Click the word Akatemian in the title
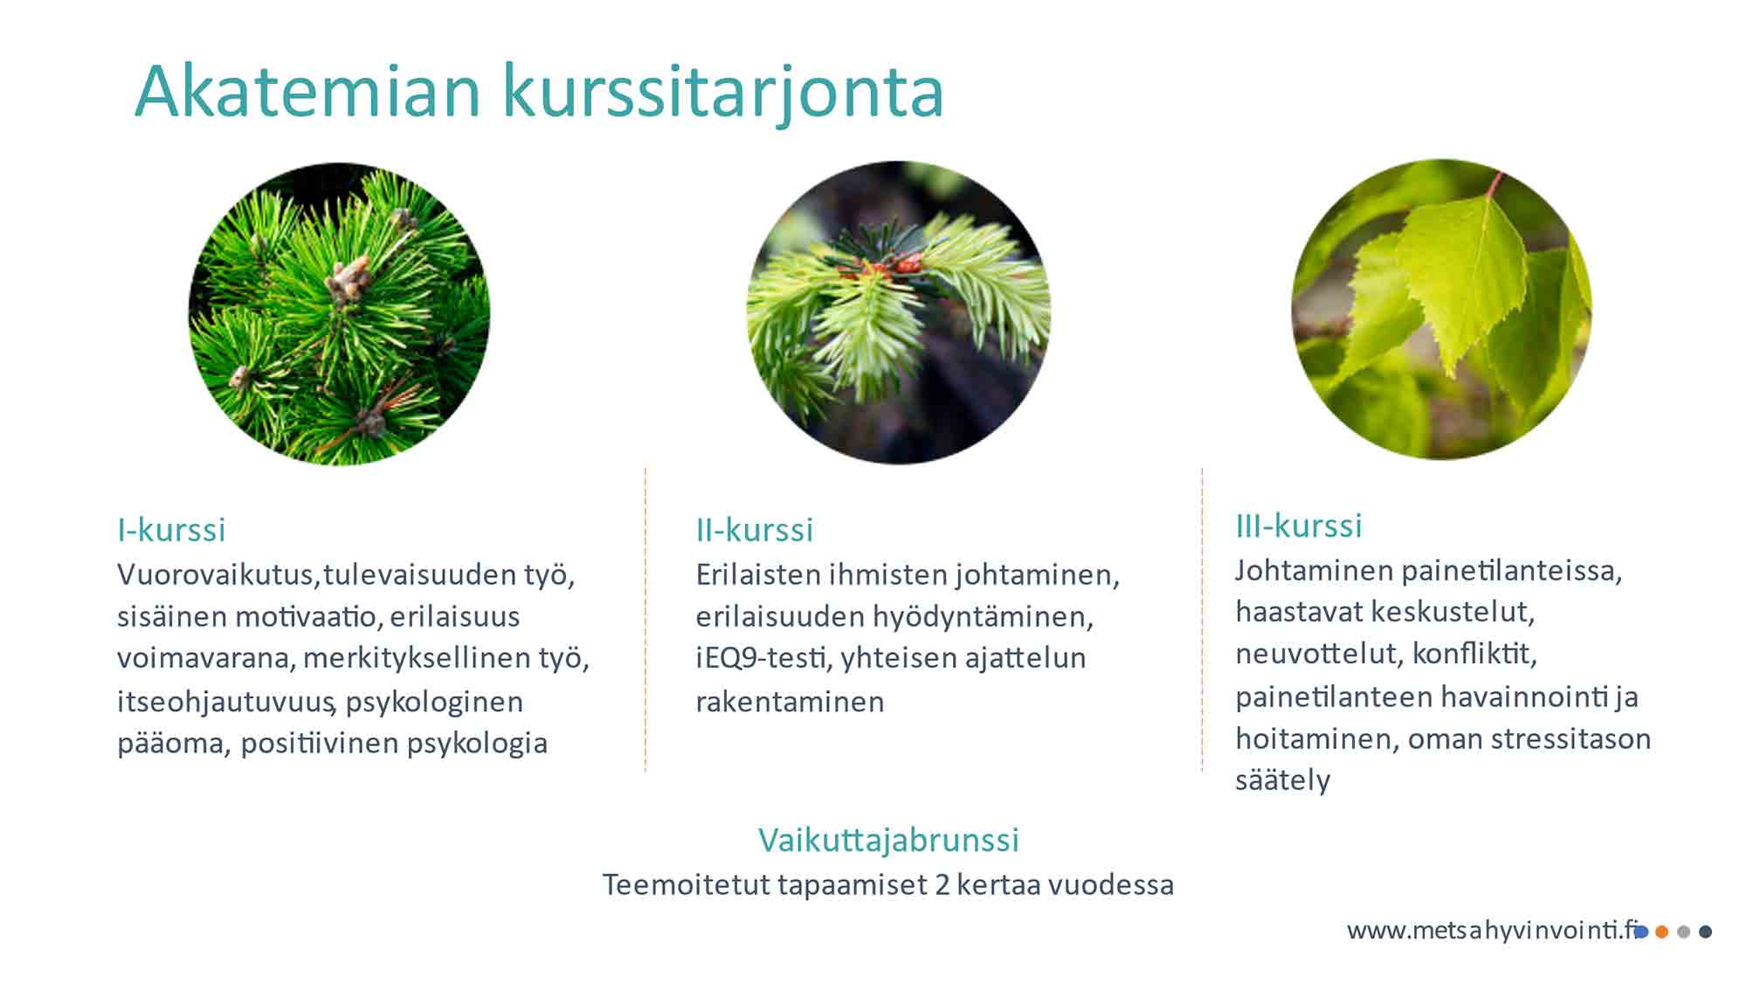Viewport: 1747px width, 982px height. tap(308, 90)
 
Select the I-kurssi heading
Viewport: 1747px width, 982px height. tap(171, 530)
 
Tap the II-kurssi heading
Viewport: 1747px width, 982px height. tap(755, 530)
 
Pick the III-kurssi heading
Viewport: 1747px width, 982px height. tap(1299, 525)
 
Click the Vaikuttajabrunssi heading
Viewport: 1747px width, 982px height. tap(888, 840)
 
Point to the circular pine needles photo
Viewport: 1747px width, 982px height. tap(340, 313)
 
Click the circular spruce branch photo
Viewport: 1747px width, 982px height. tap(898, 312)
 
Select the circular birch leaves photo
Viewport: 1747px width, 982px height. tap(1441, 309)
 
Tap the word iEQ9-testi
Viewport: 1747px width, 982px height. tap(762, 658)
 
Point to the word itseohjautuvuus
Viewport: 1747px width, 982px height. tap(225, 702)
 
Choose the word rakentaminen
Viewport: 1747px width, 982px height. tap(790, 702)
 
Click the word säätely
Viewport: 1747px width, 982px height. tap(1282, 780)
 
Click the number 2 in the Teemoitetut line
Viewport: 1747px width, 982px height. tap(942, 885)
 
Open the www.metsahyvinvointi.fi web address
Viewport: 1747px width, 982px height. tap(1492, 930)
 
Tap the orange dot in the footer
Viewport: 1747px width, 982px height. tap(1661, 932)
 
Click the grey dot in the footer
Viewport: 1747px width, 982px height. tap(1683, 932)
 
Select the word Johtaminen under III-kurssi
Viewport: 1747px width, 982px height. tap(1315, 571)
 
